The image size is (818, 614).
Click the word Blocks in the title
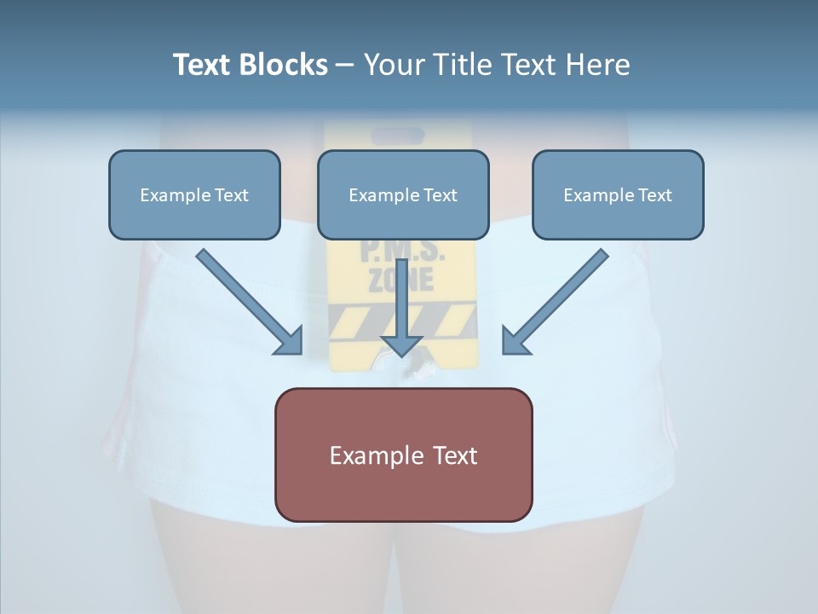click(x=285, y=65)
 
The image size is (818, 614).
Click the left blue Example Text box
click(x=194, y=194)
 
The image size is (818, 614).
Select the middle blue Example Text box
click(x=403, y=194)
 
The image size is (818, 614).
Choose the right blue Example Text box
click(x=618, y=194)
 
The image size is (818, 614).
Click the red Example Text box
click(x=403, y=455)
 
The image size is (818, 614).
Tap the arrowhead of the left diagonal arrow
click(x=290, y=341)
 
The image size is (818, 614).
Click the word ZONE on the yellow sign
click(x=400, y=280)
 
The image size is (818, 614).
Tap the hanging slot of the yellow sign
click(x=397, y=136)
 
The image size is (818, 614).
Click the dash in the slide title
click(x=345, y=65)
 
